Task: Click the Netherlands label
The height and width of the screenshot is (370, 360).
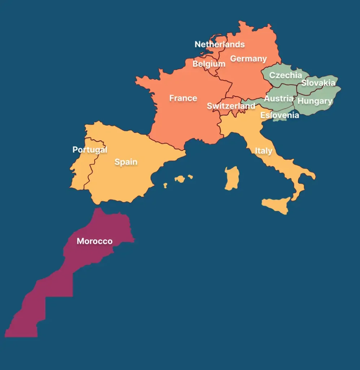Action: [220, 44]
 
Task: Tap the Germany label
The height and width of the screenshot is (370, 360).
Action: [248, 59]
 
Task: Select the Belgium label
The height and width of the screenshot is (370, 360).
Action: [209, 64]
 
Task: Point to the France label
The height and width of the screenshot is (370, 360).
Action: [183, 98]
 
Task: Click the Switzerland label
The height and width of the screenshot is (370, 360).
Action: [231, 106]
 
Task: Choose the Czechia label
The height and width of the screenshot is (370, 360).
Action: [286, 75]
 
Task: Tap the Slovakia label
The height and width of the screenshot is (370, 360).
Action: [318, 83]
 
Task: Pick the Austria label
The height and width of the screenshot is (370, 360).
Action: [279, 98]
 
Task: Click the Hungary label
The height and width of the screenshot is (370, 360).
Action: [315, 101]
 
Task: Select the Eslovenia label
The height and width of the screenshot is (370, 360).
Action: [279, 115]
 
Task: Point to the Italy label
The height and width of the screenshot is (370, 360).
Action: [264, 151]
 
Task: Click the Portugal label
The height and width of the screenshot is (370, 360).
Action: [90, 150]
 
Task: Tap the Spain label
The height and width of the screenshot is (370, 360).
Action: [126, 162]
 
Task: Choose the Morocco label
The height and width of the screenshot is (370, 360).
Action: [95, 241]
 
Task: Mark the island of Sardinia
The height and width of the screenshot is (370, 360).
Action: [232, 178]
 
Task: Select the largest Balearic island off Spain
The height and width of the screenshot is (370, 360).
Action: [180, 179]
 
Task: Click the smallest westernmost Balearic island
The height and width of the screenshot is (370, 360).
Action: [165, 185]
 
